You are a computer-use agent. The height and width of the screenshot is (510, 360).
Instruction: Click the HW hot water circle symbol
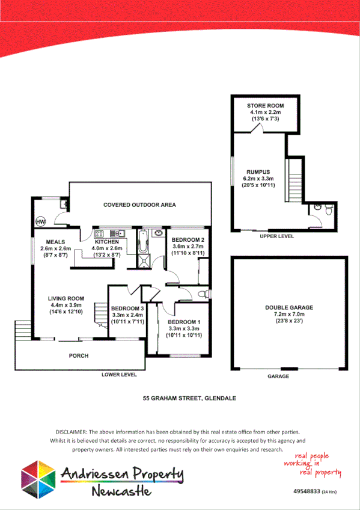[41, 222]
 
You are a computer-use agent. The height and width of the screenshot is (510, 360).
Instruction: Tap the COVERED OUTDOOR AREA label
[139, 205]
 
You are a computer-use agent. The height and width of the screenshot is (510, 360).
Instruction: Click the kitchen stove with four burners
[99, 233]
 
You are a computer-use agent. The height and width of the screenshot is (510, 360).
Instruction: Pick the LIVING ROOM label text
[67, 299]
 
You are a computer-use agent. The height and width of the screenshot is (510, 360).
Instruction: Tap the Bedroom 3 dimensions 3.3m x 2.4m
[127, 315]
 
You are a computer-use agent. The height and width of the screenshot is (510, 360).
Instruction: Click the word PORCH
[79, 356]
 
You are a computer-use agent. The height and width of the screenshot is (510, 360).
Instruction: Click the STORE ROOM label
[265, 106]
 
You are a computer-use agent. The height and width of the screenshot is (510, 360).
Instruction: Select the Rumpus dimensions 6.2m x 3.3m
[258, 179]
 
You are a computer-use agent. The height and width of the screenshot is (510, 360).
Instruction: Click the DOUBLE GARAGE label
[289, 307]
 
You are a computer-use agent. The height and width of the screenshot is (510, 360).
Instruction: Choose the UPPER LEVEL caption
[277, 237]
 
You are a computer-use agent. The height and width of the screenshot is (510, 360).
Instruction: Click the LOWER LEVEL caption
[119, 375]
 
